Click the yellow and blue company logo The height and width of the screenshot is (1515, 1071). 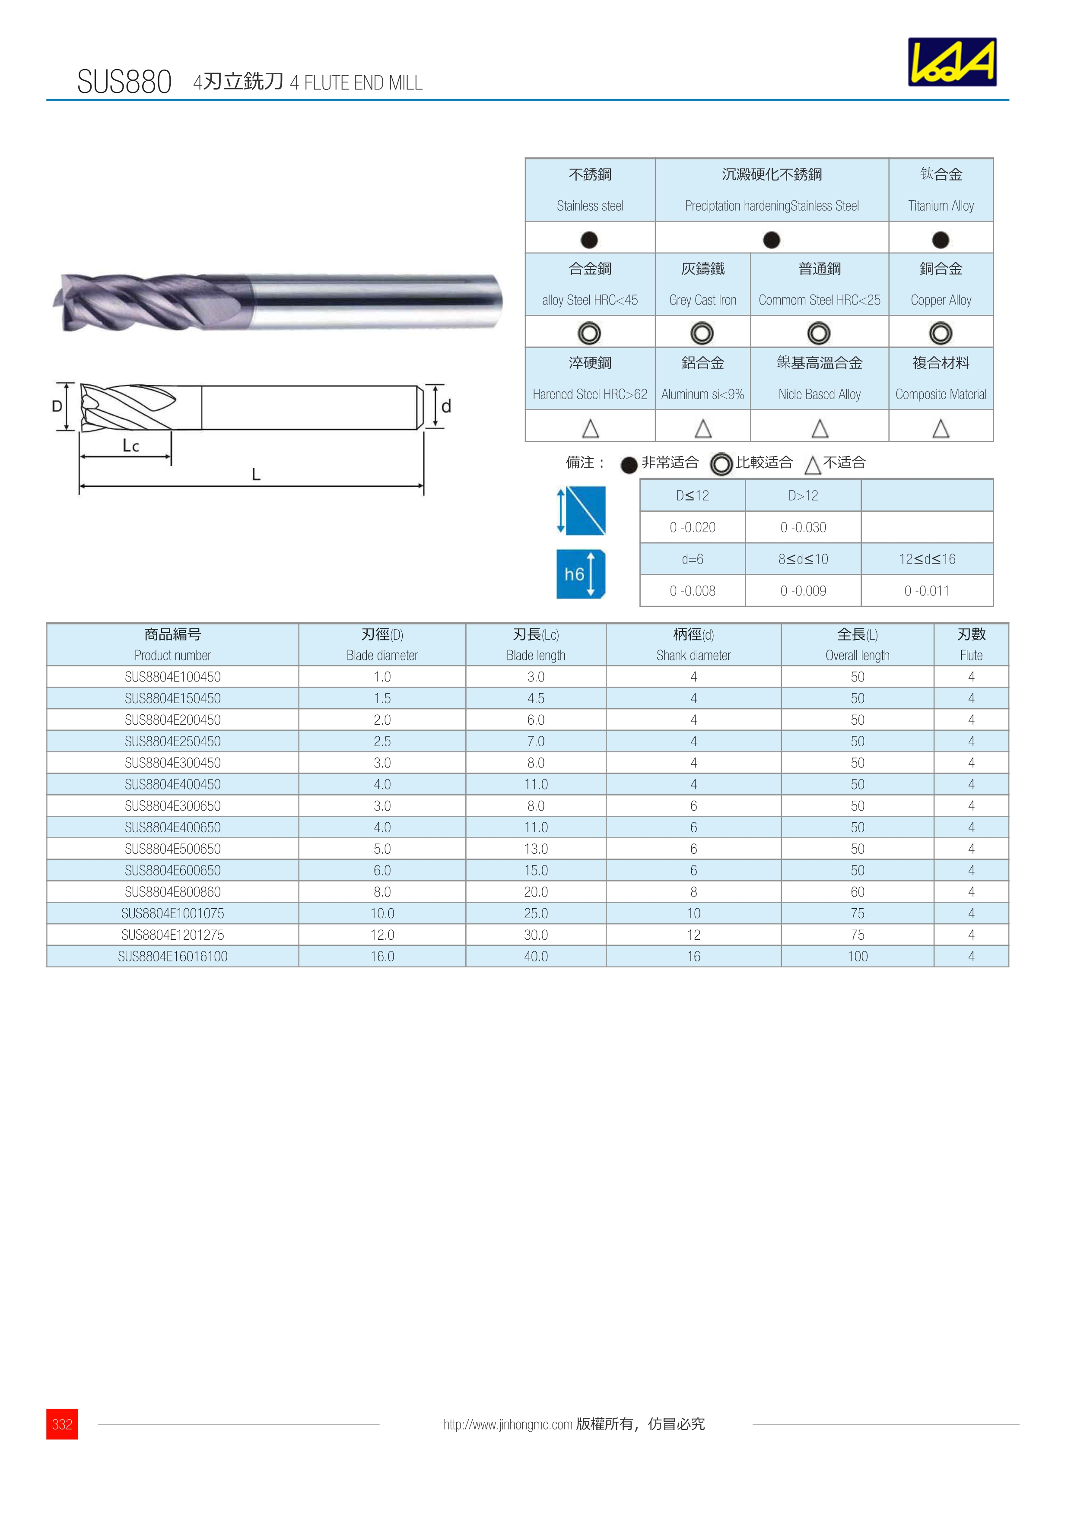point(952,62)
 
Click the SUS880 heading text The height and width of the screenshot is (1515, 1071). point(124,82)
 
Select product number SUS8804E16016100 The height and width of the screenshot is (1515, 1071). point(172,956)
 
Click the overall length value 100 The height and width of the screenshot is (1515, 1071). point(857,956)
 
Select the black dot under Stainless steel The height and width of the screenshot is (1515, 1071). point(589,240)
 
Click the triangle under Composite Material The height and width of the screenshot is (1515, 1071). point(941,429)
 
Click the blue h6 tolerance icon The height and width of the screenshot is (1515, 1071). point(580,574)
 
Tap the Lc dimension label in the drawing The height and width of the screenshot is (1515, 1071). point(130,446)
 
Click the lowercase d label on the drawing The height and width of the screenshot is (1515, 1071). point(446,406)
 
